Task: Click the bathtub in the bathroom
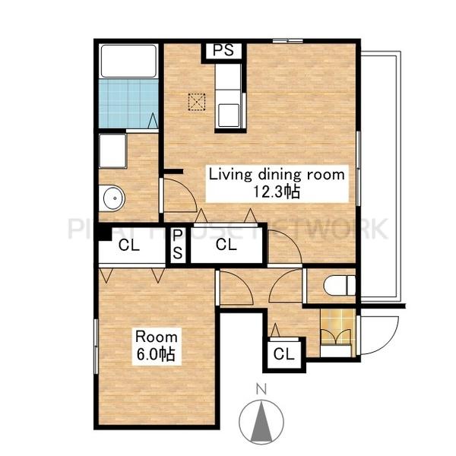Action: pyautogui.click(x=128, y=61)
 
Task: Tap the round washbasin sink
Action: pyautogui.click(x=114, y=198)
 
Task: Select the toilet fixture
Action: pyautogui.click(x=340, y=285)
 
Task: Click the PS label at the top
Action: pyautogui.click(x=223, y=50)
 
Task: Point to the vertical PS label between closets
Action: pyautogui.click(x=178, y=244)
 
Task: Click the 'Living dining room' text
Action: pyautogui.click(x=277, y=175)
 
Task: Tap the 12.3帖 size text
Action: pyautogui.click(x=277, y=192)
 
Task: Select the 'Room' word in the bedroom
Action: pyautogui.click(x=157, y=337)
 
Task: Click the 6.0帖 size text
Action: pyautogui.click(x=156, y=354)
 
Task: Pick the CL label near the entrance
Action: pyautogui.click(x=283, y=354)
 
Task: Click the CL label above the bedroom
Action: pyautogui.click(x=129, y=245)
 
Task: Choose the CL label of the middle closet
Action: pyautogui.click(x=226, y=245)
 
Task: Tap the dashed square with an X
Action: pyautogui.click(x=197, y=102)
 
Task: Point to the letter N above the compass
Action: pyautogui.click(x=261, y=389)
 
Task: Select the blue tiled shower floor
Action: pyautogui.click(x=128, y=103)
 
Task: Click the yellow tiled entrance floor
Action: pyautogui.click(x=337, y=327)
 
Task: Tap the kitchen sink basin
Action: pyautogui.click(x=229, y=116)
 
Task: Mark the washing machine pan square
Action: pyautogui.click(x=112, y=151)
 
